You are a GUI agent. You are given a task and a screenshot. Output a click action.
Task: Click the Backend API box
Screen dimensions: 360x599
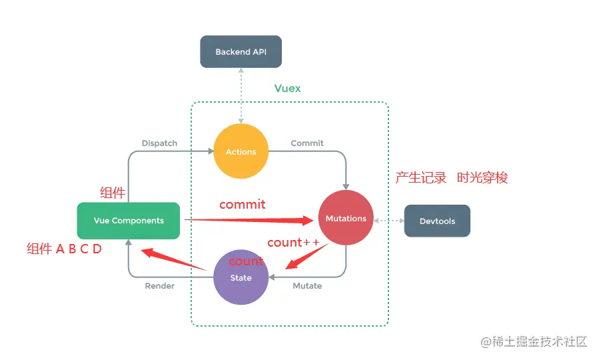coord(241,52)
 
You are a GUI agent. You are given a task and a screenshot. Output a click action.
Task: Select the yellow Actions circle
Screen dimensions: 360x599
coord(241,151)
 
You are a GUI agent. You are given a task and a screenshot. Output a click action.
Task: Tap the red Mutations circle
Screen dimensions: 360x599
coord(346,218)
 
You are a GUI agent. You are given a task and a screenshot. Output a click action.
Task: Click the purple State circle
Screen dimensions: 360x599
coord(241,277)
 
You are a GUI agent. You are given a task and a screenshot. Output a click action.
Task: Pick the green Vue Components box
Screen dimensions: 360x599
coord(129,221)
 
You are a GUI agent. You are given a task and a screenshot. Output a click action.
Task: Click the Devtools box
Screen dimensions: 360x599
coord(437,221)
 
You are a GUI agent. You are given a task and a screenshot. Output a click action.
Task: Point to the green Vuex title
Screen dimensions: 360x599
coord(288,89)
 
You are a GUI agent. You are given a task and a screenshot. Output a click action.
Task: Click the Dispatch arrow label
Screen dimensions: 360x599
coord(159,143)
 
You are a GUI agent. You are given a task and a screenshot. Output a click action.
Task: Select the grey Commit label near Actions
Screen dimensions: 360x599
coord(307,143)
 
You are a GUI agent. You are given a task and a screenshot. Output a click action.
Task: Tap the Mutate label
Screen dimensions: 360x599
coord(307,286)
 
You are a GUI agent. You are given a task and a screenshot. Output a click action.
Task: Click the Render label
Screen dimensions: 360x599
coord(159,286)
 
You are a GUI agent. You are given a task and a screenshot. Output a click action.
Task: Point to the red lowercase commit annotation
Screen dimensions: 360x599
coord(243,204)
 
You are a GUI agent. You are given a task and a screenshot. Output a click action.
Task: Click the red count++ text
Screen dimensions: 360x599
coord(293,243)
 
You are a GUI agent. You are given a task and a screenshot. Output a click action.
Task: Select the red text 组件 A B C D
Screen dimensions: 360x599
coord(64,249)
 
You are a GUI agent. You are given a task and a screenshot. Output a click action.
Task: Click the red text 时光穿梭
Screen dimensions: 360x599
coord(482,178)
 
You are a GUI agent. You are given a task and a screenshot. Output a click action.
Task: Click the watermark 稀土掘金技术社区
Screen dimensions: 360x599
coord(540,341)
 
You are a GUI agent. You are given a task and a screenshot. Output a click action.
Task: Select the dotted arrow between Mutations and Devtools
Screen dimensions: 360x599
coord(389,220)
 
